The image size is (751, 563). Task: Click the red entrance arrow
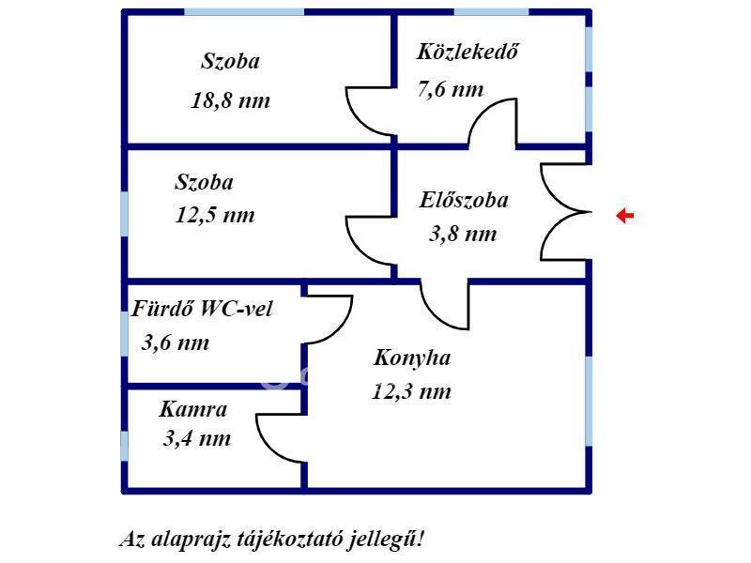624,216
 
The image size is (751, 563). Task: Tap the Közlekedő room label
467,52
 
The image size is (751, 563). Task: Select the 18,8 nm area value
230,100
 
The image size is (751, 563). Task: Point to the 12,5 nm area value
215,215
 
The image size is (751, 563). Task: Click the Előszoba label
464,200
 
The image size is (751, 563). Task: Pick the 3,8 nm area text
463,234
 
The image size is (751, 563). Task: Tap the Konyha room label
412,358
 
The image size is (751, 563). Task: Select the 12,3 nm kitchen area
411,391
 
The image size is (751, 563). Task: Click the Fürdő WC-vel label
202,309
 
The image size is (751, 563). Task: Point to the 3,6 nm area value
176,342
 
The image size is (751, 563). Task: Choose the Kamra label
193,409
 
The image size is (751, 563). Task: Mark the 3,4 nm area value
197,438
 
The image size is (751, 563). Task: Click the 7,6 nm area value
451,89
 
